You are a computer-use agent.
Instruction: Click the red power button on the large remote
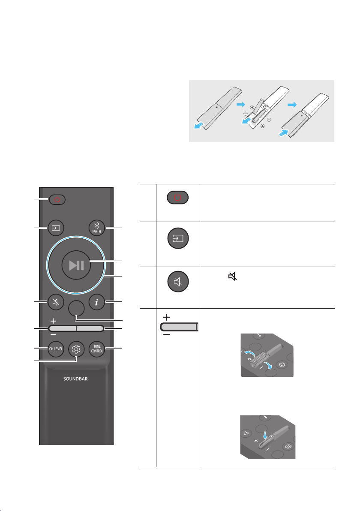pyautogui.click(x=57, y=199)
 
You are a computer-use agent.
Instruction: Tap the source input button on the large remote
pyautogui.click(x=56, y=228)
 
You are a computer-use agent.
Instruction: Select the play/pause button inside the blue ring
pyautogui.click(x=77, y=265)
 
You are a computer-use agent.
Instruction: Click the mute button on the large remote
pyautogui.click(x=56, y=302)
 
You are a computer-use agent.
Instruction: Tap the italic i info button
pyautogui.click(x=97, y=302)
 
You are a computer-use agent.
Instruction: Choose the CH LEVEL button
pyautogui.click(x=56, y=349)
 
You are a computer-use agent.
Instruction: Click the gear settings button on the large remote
pyautogui.click(x=76, y=349)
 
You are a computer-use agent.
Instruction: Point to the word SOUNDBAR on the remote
pyautogui.click(x=75, y=379)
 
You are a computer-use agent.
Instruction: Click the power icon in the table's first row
pyautogui.click(x=177, y=198)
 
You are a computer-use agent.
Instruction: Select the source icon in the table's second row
pyautogui.click(x=178, y=238)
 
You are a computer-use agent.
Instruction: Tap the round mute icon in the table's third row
pyautogui.click(x=178, y=282)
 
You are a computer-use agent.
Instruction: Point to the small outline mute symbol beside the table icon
pyautogui.click(x=232, y=277)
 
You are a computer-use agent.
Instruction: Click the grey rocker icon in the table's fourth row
pyautogui.click(x=180, y=327)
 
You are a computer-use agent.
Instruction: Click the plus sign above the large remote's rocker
pyautogui.click(x=53, y=321)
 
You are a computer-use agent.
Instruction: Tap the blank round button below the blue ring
pyautogui.click(x=77, y=308)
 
